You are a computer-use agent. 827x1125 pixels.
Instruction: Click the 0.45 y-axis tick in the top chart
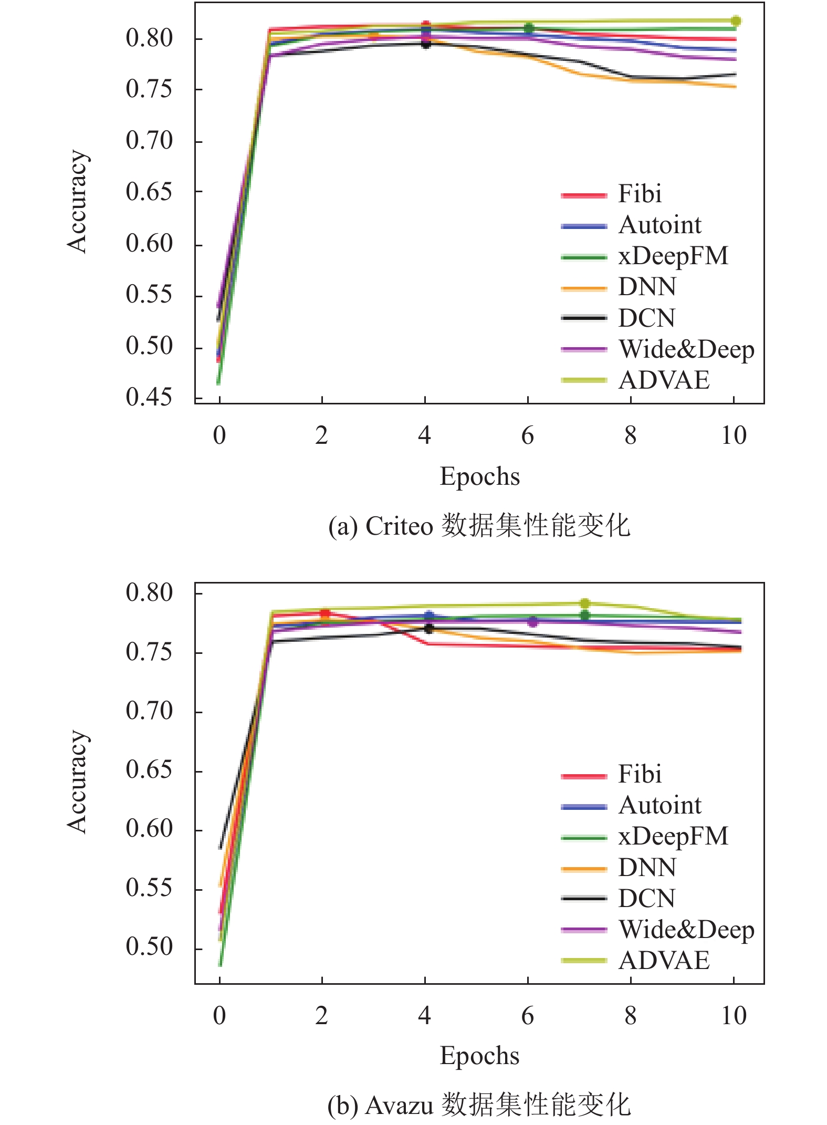pyautogui.click(x=149, y=398)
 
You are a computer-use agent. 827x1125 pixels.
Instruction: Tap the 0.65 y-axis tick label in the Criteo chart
pyautogui.click(x=149, y=192)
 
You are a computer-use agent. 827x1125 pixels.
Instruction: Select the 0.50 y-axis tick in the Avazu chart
pyautogui.click(x=149, y=946)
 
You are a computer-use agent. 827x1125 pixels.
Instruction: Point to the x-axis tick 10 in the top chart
pyautogui.click(x=733, y=436)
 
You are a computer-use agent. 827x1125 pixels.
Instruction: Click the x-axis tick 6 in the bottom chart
pyautogui.click(x=527, y=1016)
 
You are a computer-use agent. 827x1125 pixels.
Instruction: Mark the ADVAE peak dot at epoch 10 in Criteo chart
pyautogui.click(x=736, y=21)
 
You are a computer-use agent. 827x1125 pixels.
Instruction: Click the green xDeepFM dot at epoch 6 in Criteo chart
pyautogui.click(x=529, y=28)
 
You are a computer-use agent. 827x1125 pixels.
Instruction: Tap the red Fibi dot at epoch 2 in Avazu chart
pyautogui.click(x=325, y=613)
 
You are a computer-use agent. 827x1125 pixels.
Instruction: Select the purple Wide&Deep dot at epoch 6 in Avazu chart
pyautogui.click(x=532, y=622)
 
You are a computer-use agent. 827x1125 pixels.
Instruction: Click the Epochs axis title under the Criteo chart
pyautogui.click(x=479, y=477)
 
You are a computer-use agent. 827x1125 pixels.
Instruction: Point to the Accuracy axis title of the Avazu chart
pyautogui.click(x=77, y=781)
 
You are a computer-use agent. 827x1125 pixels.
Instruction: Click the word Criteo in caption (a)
pyautogui.click(x=399, y=526)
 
